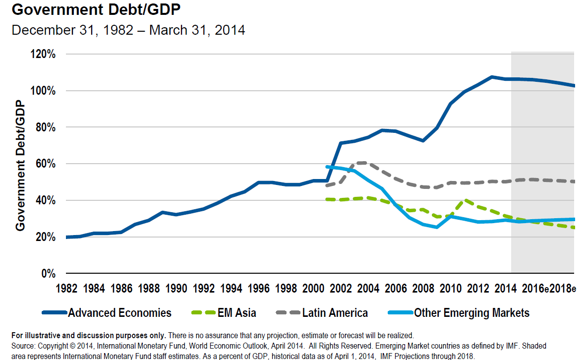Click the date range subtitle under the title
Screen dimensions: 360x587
pos(128,30)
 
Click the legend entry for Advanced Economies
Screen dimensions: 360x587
pos(119,313)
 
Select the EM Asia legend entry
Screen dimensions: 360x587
pos(236,313)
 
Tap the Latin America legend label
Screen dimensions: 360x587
pos(335,313)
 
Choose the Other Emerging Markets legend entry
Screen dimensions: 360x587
pos(471,313)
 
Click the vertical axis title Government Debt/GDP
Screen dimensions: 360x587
pos(20,165)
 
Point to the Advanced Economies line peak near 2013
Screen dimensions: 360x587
pos(491,77)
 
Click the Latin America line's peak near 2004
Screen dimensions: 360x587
pos(363,162)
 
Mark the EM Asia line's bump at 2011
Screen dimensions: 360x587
pos(464,201)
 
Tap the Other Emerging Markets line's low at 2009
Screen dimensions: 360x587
pos(436,227)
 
